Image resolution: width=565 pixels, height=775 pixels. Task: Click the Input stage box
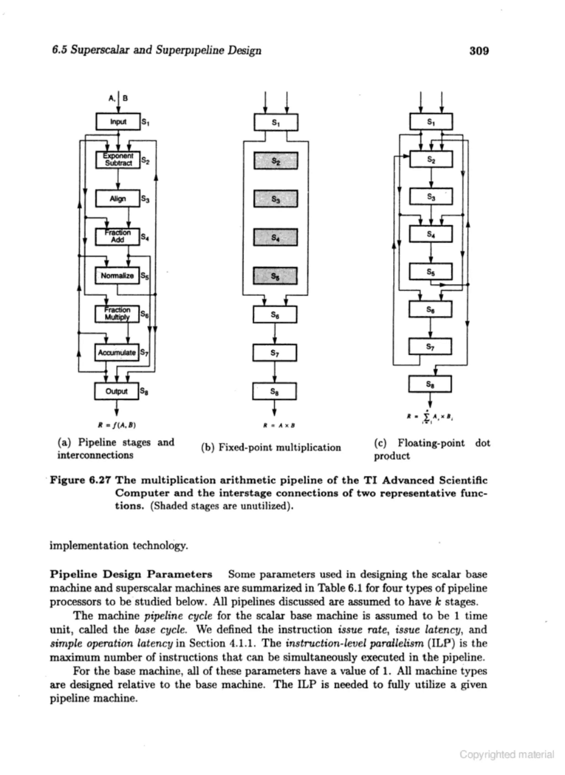pyautogui.click(x=118, y=122)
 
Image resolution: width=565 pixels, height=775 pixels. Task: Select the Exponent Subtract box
pyautogui.click(x=118, y=160)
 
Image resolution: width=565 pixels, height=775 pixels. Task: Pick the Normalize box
pyautogui.click(x=117, y=275)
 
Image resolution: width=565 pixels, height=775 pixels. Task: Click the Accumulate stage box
pyautogui.click(x=117, y=352)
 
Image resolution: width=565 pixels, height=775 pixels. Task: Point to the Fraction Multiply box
pyautogui.click(x=117, y=314)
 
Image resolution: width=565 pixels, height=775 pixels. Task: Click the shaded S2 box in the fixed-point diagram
pyautogui.click(x=276, y=161)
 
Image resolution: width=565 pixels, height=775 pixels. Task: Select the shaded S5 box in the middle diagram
pyautogui.click(x=275, y=276)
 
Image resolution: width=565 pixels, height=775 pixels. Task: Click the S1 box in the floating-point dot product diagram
pyautogui.click(x=431, y=122)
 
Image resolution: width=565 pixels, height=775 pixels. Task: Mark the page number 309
pyautogui.click(x=479, y=51)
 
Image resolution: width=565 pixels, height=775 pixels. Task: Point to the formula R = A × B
pyautogui.click(x=279, y=426)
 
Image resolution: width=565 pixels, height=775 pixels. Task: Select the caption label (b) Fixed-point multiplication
pyautogui.click(x=271, y=448)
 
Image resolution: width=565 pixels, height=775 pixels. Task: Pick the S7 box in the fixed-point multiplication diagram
pyautogui.click(x=274, y=353)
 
